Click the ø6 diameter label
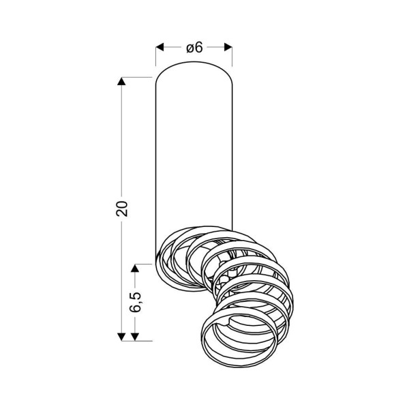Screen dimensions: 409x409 click(x=194, y=48)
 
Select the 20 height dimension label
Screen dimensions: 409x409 click(x=123, y=209)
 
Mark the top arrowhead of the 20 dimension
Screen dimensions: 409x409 click(x=122, y=82)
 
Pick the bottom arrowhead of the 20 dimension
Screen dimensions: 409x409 click(x=122, y=335)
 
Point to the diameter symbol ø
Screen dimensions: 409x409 click(x=190, y=48)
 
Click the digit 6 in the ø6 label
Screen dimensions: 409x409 click(x=199, y=48)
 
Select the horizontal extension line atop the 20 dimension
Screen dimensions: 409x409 click(x=136, y=78)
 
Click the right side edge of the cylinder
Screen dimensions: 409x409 click(x=232, y=157)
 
